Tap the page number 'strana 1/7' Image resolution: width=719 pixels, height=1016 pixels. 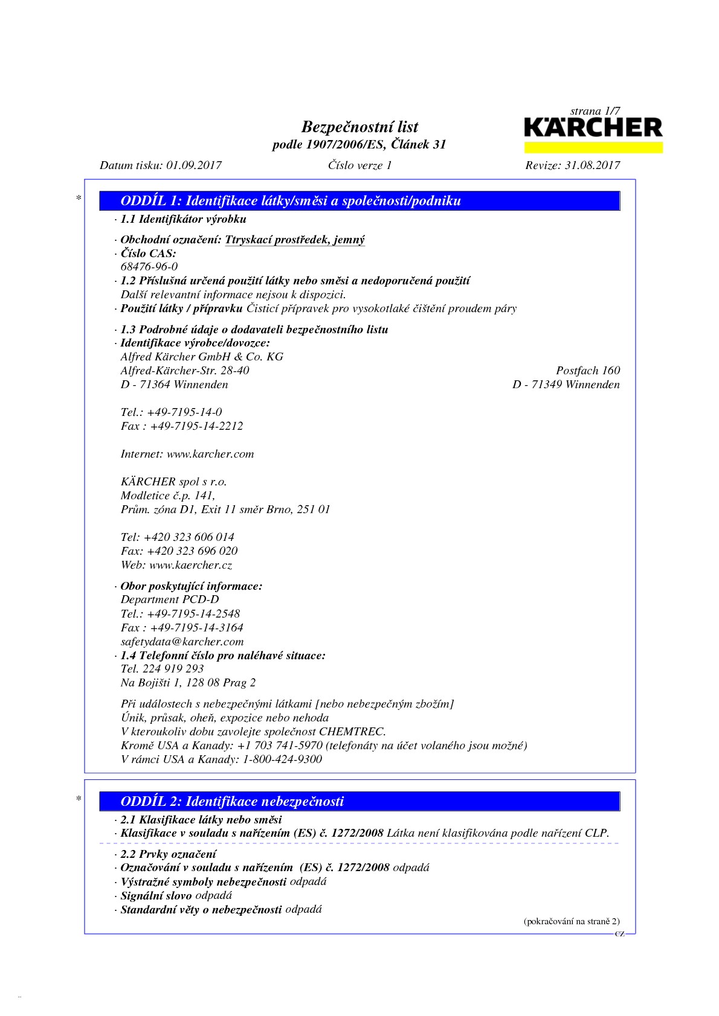pyautogui.click(x=595, y=111)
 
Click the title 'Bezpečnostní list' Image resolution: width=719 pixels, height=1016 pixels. pyautogui.click(x=359, y=127)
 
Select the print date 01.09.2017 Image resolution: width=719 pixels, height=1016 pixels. pyautogui.click(x=194, y=165)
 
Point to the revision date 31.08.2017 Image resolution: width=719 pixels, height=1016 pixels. pyautogui.click(x=592, y=165)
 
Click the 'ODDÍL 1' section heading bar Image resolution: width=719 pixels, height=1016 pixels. pyautogui.click(x=359, y=201)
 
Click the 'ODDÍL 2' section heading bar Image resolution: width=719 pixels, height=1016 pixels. pyautogui.click(x=359, y=801)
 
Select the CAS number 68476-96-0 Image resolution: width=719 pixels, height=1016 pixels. pyautogui.click(x=149, y=267)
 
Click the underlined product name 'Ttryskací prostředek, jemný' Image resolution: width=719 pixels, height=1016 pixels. pyautogui.click(x=295, y=240)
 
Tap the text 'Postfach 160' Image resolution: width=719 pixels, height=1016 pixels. pyautogui.click(x=588, y=371)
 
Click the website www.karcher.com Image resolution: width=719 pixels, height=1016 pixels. pyautogui.click(x=210, y=454)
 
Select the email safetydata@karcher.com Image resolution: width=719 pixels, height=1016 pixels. pyautogui.click(x=182, y=642)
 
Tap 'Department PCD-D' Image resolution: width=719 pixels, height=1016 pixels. pyautogui.click(x=170, y=599)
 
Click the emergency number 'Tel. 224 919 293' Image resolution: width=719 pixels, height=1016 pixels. pyautogui.click(x=162, y=669)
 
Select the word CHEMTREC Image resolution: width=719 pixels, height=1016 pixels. pyautogui.click(x=352, y=732)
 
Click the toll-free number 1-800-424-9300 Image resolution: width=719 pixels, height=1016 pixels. pyautogui.click(x=282, y=759)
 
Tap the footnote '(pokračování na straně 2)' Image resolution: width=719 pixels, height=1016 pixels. pyautogui.click(x=571, y=921)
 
